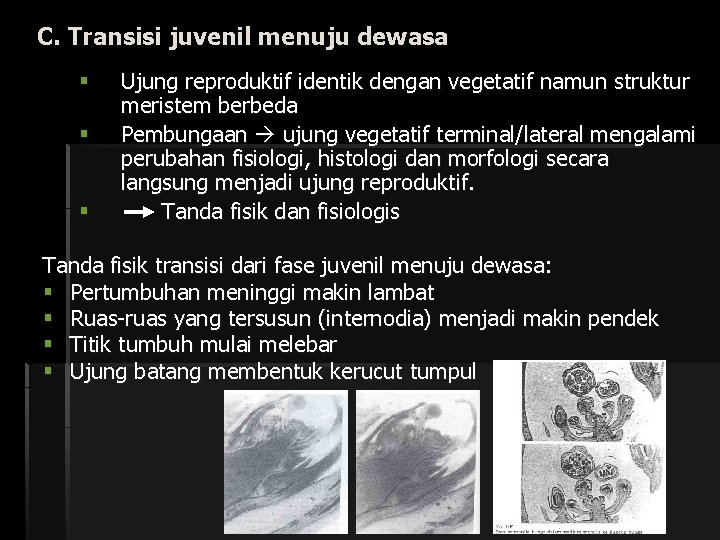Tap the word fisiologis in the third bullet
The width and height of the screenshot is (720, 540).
350,212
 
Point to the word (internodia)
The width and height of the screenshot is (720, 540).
465,319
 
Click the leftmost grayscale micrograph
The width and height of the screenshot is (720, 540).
285,460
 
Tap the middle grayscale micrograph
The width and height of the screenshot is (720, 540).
418,460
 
